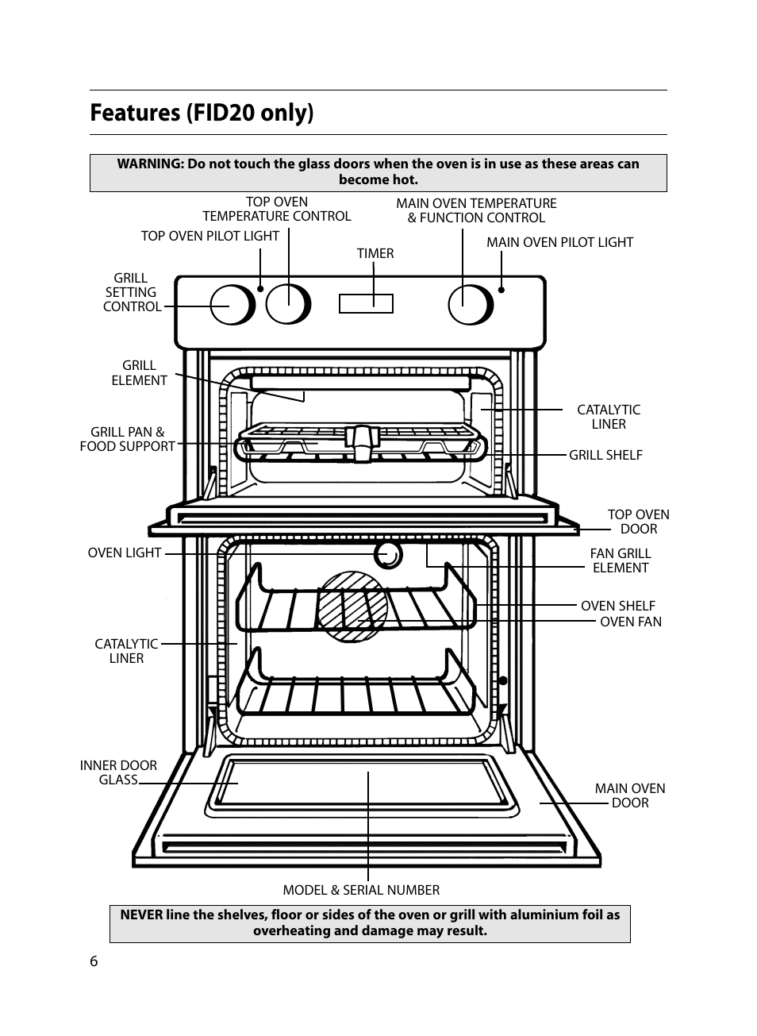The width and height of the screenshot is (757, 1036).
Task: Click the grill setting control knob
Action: pos(232,305)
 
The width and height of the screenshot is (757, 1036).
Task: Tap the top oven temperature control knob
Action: pos(287,305)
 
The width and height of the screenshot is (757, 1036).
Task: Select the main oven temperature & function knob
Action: pos(470,305)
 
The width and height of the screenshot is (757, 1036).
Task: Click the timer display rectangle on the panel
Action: pos(366,303)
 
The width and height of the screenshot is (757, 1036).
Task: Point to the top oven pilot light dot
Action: pos(260,289)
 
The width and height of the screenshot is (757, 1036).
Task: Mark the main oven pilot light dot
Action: pos(501,290)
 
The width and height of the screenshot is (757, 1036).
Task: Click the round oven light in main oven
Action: pos(388,555)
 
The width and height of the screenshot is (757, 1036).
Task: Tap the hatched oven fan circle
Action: pos(352,607)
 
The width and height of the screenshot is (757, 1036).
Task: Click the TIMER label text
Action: pos(375,253)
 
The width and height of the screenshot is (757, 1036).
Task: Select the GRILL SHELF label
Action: pos(605,455)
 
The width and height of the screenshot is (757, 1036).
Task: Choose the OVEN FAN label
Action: pos(630,622)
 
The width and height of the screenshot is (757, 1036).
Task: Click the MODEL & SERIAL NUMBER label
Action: pos(361,890)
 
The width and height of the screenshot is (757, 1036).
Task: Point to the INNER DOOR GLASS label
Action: pos(118,772)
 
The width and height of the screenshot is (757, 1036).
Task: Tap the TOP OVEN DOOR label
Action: pos(638,522)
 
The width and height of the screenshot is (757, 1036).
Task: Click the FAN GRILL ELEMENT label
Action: pos(620,560)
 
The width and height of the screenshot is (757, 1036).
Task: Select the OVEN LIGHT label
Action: pos(125,553)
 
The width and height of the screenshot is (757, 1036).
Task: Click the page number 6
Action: pos(94,961)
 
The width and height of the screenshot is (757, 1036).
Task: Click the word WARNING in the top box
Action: pos(150,164)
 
